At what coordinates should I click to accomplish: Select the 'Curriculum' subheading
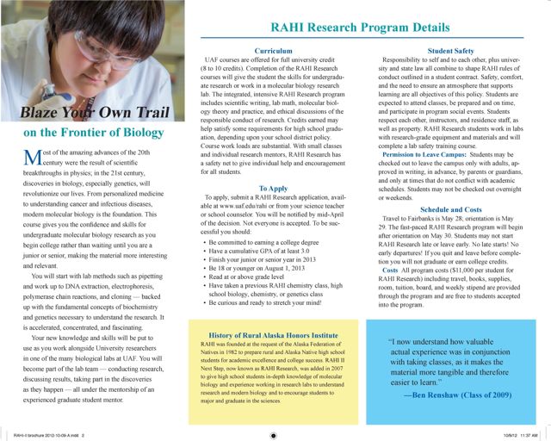269,52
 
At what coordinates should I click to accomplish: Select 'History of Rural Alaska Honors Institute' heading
269,334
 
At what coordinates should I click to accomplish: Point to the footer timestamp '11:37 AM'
531,436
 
